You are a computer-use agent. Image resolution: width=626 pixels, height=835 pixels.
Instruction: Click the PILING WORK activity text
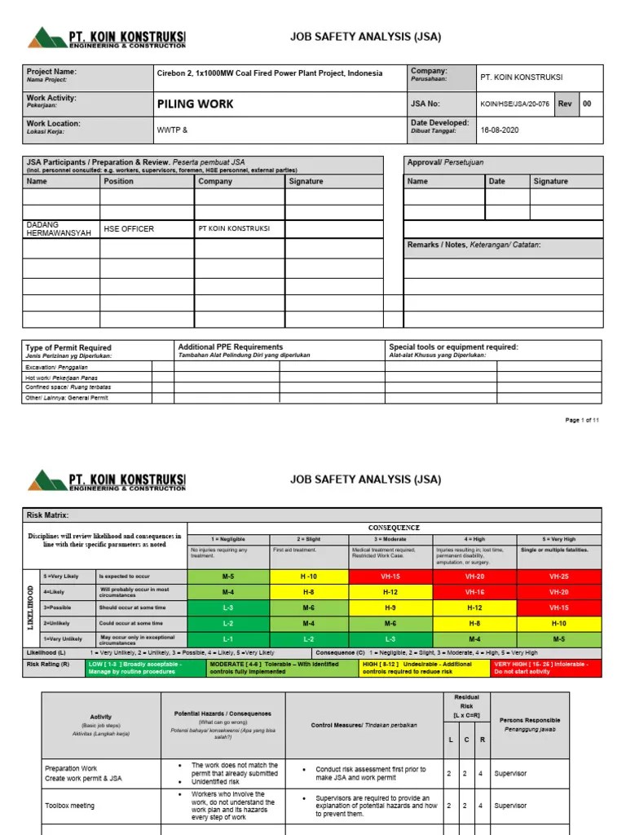point(194,104)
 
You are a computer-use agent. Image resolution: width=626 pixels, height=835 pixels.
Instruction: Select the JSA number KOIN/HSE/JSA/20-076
point(515,104)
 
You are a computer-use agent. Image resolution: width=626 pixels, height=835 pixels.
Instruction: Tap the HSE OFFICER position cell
point(129,229)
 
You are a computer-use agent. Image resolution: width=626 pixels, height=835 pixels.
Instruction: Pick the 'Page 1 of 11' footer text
point(582,421)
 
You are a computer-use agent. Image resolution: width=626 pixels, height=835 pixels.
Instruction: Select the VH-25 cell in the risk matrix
point(559,577)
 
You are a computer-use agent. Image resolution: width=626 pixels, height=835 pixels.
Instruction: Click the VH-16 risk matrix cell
point(474,592)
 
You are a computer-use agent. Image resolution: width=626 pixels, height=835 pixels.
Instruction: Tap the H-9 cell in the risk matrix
point(390,607)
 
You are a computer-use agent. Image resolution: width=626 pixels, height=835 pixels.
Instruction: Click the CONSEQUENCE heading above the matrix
point(395,528)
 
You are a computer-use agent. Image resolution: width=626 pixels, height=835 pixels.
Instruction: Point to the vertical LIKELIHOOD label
point(32,607)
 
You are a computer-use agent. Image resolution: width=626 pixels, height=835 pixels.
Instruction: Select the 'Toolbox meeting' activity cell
point(69,806)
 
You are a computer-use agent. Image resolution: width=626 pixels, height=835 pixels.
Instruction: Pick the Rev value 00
point(587,104)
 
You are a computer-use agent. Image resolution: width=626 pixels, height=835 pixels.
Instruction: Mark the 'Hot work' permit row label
point(68,378)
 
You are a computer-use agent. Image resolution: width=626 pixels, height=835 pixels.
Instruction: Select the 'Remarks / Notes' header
point(474,245)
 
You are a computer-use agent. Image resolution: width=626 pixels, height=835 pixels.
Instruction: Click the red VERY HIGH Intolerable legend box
point(546,668)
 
